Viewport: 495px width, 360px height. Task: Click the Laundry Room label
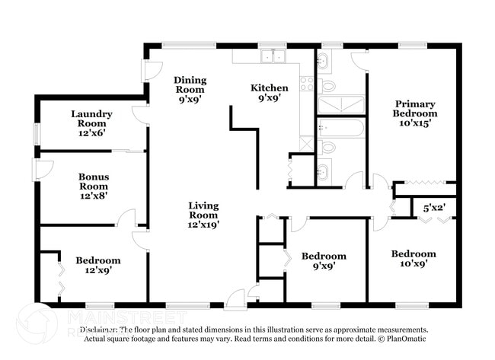(91, 123)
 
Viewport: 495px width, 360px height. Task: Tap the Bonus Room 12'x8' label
(94, 186)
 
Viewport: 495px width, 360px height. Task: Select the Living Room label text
(204, 215)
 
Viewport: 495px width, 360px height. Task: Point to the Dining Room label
(190, 88)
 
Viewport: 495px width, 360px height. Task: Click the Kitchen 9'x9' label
(270, 93)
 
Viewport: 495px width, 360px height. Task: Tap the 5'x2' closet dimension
(435, 207)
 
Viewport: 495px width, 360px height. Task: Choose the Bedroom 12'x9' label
(97, 266)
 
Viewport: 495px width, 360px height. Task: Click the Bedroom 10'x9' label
(414, 259)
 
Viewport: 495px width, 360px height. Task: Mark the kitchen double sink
(271, 56)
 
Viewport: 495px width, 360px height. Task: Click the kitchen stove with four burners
(307, 84)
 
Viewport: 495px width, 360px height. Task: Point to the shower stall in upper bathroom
(340, 104)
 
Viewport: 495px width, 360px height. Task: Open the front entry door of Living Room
(238, 298)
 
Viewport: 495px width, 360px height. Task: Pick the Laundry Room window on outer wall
(36, 133)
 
